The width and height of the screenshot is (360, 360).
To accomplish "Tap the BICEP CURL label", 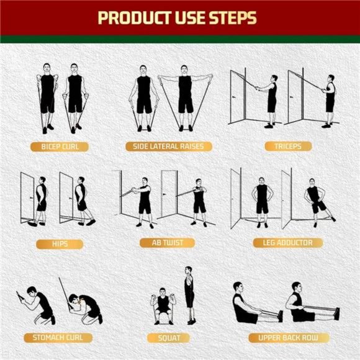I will click(x=60, y=147).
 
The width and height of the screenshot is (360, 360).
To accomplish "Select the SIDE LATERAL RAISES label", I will click(x=169, y=147).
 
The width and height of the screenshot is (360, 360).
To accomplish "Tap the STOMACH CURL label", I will click(x=58, y=338).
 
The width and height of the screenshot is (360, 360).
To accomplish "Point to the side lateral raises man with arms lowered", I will click(x=143, y=96).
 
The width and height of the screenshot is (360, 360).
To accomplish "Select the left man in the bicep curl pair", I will click(x=47, y=96).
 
